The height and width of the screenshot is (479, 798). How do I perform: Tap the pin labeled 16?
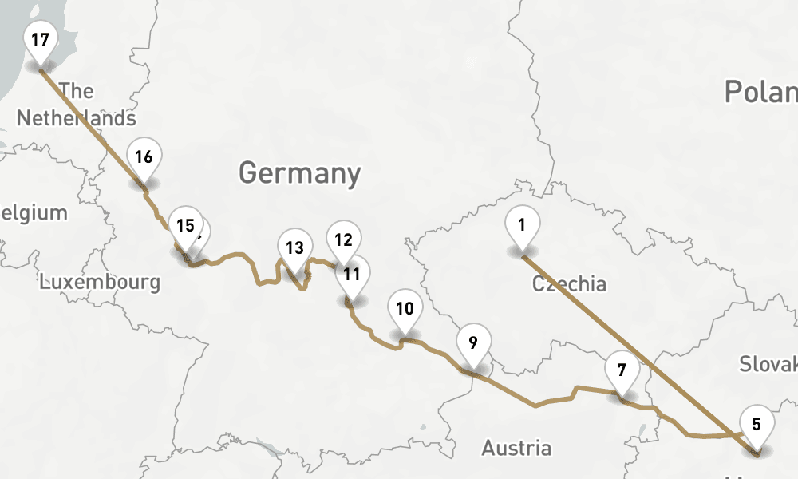144,156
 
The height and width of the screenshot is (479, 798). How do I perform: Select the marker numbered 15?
185,225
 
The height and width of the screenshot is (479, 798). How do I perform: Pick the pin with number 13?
294,247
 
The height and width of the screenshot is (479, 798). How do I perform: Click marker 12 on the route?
343,239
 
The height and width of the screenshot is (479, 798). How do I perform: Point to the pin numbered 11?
351,274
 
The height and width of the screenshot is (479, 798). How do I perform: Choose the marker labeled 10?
405,308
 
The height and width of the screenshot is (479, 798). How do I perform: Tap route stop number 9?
473,343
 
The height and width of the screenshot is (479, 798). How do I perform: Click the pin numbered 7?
622,370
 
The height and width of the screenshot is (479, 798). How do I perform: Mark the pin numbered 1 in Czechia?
522,225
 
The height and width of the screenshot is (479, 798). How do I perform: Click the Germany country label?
299,172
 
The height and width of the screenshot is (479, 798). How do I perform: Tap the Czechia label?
569,283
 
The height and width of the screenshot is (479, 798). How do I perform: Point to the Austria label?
516,448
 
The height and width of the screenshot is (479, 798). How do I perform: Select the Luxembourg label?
100,282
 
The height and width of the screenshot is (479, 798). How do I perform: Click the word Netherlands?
77,118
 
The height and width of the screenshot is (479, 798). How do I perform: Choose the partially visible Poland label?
760,92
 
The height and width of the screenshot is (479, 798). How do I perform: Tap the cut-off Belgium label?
34,213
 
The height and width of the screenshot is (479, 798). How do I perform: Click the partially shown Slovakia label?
768,364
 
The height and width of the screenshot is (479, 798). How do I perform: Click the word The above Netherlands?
77,90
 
